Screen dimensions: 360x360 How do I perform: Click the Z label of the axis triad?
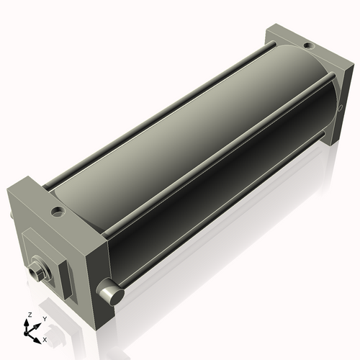coord(30,315)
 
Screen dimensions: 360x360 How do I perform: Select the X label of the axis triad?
coord(45,338)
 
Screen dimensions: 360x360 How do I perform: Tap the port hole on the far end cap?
coord(308,46)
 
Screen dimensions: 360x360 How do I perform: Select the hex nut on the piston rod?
coord(38,272)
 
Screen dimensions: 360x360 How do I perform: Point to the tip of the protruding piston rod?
coord(32,272)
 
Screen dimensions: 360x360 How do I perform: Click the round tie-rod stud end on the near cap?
coord(109,291)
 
